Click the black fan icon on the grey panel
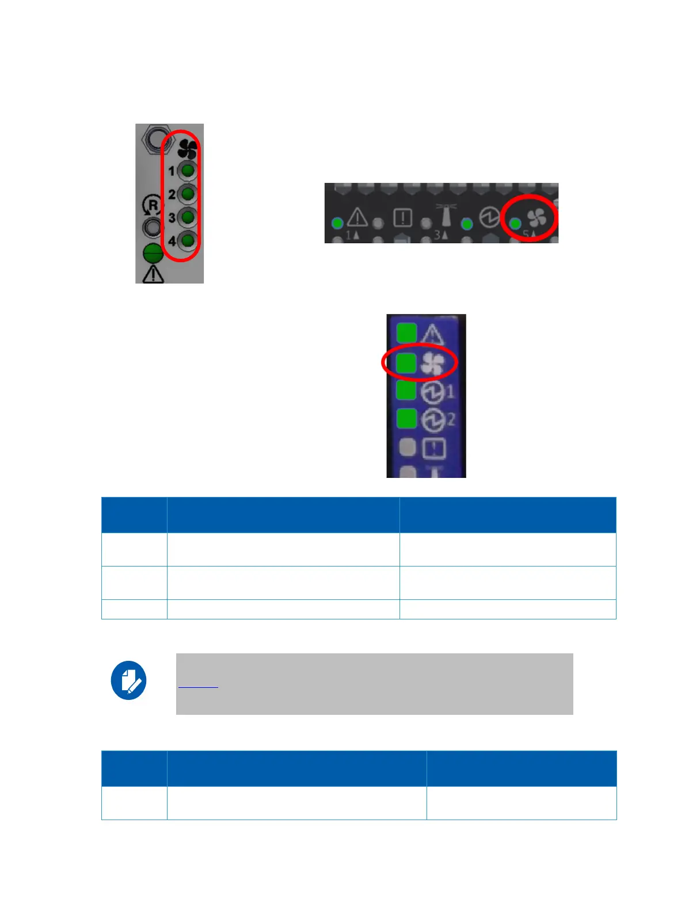point(188,150)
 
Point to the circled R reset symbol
point(152,205)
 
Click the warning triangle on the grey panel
point(153,274)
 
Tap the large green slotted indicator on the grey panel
point(153,252)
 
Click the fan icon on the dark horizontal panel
point(536,218)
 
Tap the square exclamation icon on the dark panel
point(402,218)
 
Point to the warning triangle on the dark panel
point(357,218)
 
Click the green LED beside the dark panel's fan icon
point(516,223)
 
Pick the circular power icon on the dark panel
point(489,219)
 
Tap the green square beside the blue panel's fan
point(407,362)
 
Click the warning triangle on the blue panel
point(432,334)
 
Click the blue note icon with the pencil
point(128,680)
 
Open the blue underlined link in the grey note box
point(198,684)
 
